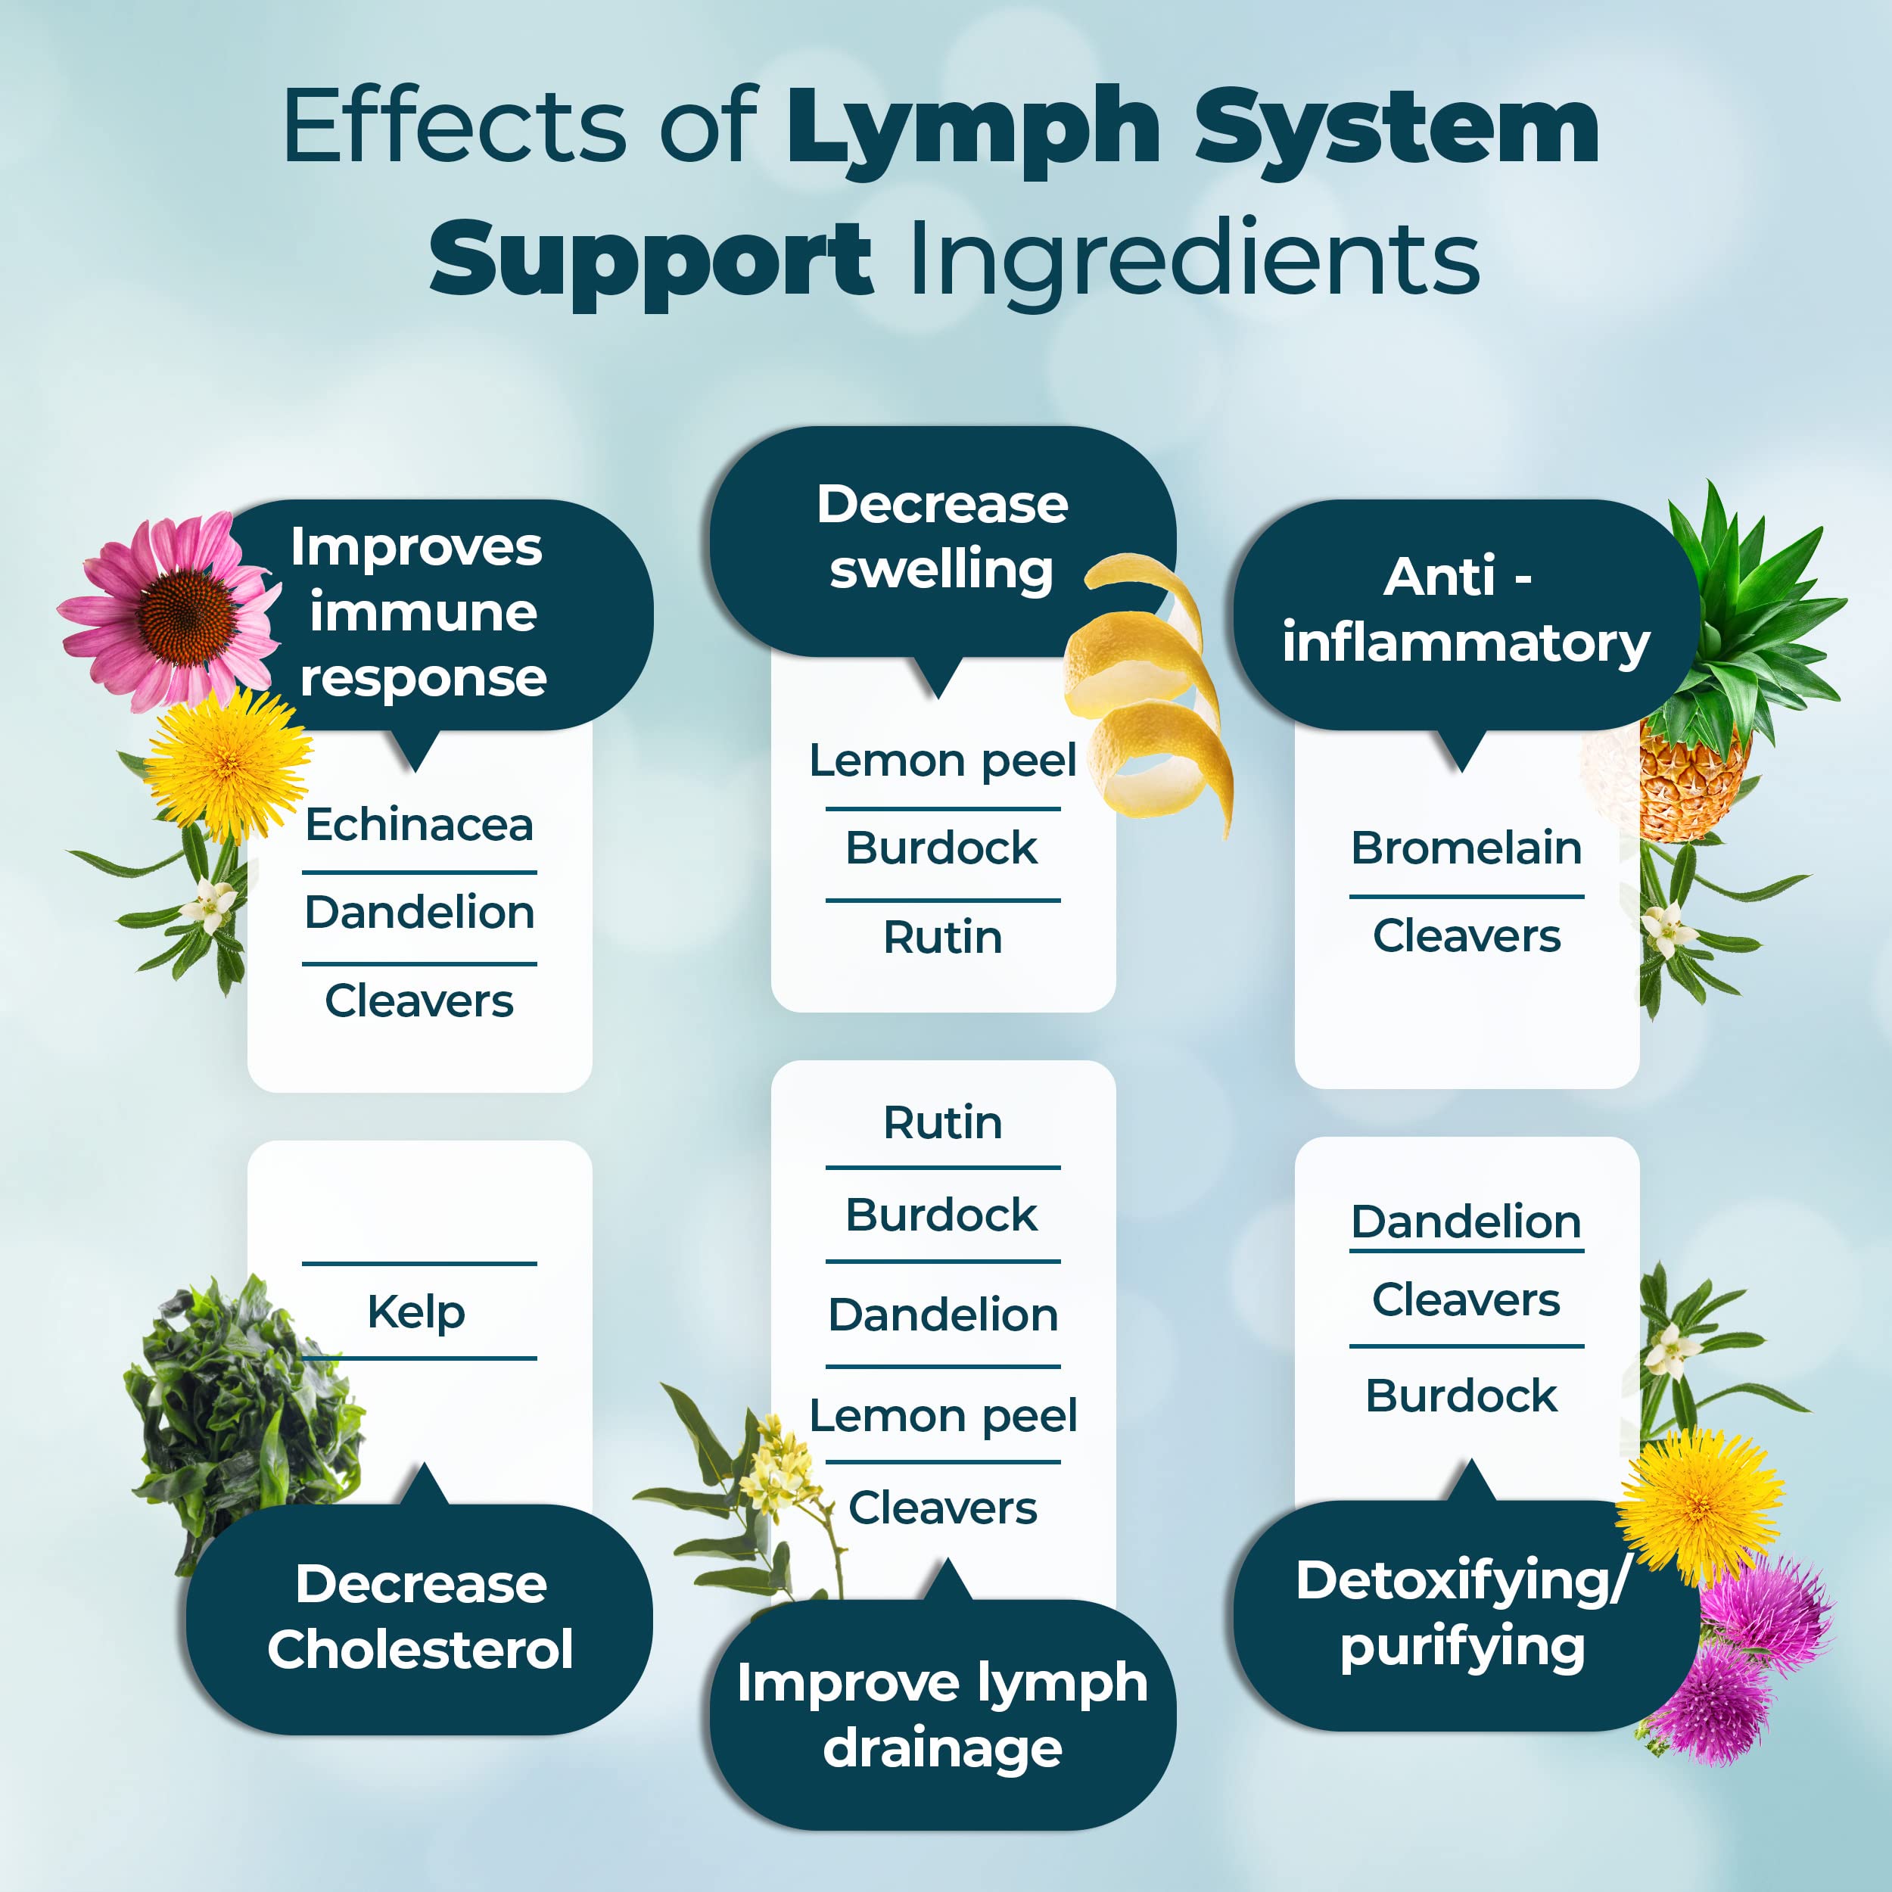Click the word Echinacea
click(x=419, y=825)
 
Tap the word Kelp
click(x=416, y=1312)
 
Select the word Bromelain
click(x=1466, y=848)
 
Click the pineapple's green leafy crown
click(x=1753, y=617)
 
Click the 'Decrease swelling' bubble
click(x=942, y=539)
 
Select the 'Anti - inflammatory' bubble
click(x=1466, y=612)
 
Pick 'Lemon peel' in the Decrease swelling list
click(x=942, y=761)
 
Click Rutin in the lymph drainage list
click(x=942, y=1122)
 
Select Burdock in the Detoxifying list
click(x=1461, y=1396)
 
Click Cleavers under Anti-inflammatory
click(x=1466, y=936)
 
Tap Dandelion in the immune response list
click(x=419, y=913)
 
